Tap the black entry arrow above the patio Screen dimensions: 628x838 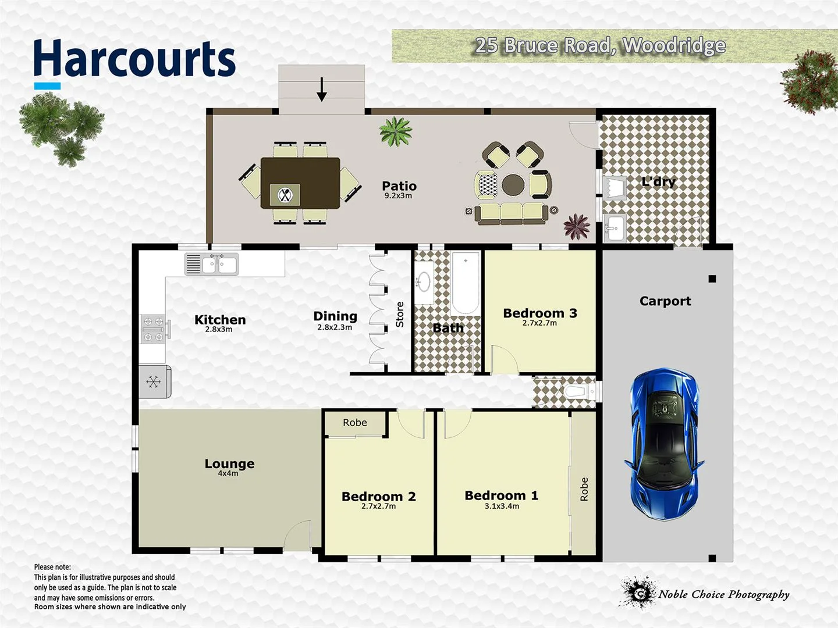point(321,89)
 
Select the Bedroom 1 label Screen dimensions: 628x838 point(501,495)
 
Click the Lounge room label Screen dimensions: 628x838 point(229,463)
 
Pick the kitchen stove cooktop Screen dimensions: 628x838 point(154,329)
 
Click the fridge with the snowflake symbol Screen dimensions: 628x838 point(154,381)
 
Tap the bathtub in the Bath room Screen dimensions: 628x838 point(466,283)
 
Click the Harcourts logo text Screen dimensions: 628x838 point(134,59)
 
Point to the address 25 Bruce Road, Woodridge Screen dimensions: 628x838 point(600,45)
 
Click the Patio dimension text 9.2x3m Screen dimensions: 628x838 point(398,196)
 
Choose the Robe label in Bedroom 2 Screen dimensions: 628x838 point(354,423)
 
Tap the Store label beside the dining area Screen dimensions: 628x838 point(400,314)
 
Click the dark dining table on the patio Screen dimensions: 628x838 point(300,183)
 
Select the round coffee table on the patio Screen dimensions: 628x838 point(513,185)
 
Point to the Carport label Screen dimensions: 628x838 point(665,301)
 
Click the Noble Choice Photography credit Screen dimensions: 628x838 point(723,594)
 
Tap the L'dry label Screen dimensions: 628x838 point(658,182)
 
